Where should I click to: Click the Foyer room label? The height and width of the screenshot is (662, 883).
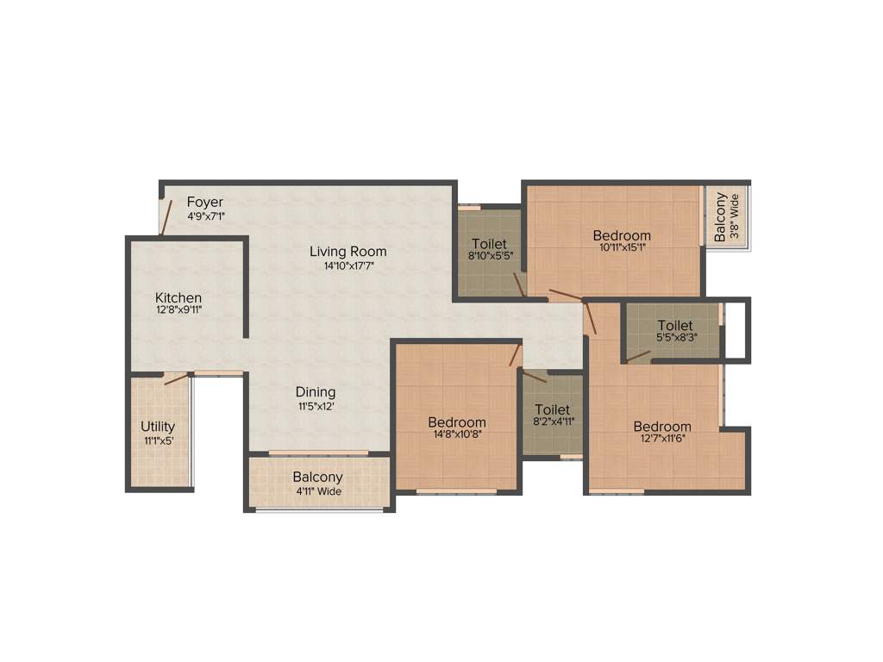point(204,203)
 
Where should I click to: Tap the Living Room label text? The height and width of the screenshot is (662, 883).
point(348,252)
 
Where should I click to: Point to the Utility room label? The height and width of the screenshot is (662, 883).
point(158,427)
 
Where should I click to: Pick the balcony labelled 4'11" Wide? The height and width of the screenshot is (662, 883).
point(317,483)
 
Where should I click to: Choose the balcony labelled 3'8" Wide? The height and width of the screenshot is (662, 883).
point(727,216)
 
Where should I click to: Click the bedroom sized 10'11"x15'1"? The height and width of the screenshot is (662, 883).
point(621,241)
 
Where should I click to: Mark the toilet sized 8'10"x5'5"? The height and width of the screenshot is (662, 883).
point(489,250)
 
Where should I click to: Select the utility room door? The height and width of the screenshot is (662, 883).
point(176,378)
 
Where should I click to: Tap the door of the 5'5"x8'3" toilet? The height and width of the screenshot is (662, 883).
point(638,355)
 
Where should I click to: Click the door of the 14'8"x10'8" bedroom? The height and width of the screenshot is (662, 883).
point(515,355)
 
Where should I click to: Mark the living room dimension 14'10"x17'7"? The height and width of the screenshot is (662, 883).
point(348,266)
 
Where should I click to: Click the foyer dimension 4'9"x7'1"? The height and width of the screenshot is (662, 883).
point(206,216)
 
